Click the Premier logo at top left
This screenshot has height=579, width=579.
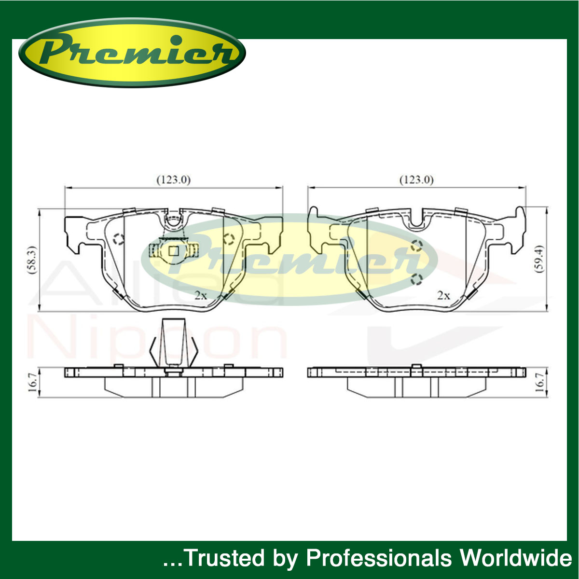[x=132, y=53]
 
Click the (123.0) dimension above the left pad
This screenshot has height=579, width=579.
[x=173, y=179]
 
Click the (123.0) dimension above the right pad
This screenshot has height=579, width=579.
[x=416, y=179]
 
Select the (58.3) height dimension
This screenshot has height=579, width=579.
[x=32, y=259]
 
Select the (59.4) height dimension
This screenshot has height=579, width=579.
[x=539, y=259]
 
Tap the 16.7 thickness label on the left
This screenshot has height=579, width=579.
[x=33, y=382]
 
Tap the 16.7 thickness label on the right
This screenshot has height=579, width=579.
[x=539, y=382]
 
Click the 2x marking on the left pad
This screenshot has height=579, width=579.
[x=201, y=295]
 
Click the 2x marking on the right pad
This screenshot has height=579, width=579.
[x=443, y=295]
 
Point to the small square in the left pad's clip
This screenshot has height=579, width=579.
[x=174, y=250]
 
